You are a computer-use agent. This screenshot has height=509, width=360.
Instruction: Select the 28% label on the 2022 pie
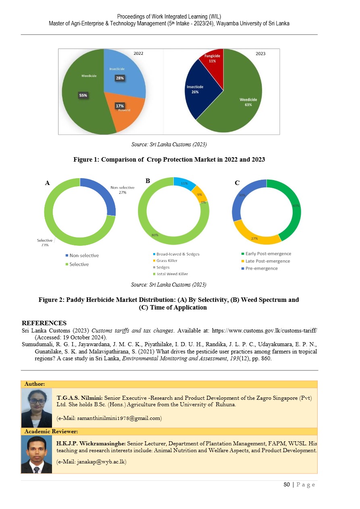tap(120, 78)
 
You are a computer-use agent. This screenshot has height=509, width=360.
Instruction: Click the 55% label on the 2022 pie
tap(83, 96)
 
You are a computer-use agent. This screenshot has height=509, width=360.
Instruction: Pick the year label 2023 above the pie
tap(260, 54)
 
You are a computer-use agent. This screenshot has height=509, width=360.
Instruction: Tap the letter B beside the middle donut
tap(148, 181)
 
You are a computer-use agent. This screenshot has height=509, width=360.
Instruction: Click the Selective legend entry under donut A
tap(79, 264)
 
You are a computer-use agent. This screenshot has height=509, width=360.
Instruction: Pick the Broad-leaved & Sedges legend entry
tap(177, 254)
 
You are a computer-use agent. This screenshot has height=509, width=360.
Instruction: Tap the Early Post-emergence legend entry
tap(265, 254)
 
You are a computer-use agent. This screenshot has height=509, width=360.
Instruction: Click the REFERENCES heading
tap(44, 323)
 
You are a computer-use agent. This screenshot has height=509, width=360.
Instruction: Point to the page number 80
tap(287, 484)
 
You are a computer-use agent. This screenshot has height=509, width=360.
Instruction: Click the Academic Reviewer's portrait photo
tap(37, 454)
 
